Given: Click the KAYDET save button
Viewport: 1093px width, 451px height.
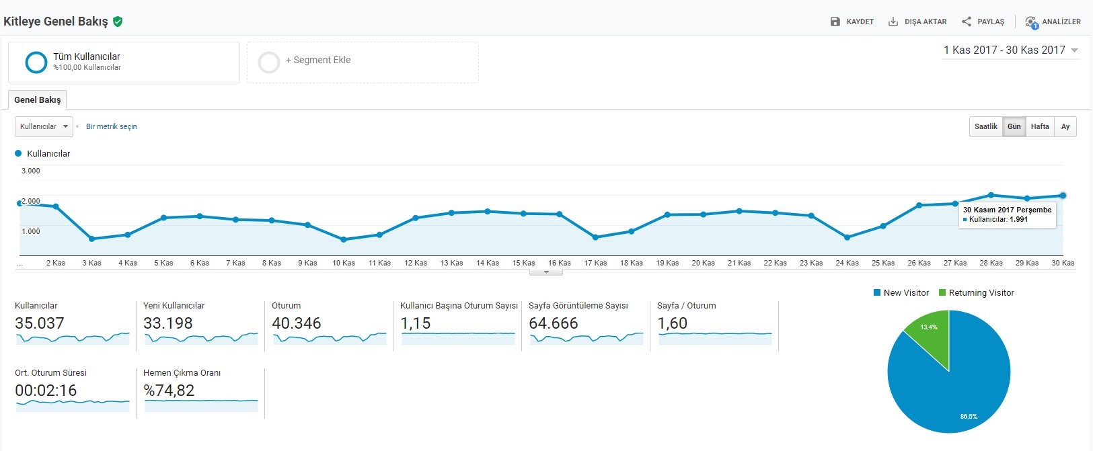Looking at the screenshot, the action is point(852,22).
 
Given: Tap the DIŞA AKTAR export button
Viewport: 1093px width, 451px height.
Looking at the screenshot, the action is point(917,22).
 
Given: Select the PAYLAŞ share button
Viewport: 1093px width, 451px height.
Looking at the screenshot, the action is point(983,22).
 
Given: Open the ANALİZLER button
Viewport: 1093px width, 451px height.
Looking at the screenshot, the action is point(1053,22).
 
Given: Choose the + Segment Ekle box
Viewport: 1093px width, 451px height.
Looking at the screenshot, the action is point(363,62).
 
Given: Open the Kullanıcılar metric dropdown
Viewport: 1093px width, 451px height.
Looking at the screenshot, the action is point(44,126).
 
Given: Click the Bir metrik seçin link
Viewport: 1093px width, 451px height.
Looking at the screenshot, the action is point(111,126).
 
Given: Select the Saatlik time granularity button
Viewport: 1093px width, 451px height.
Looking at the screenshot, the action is point(985,127).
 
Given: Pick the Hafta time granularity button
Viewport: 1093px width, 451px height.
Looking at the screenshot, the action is point(1040,127).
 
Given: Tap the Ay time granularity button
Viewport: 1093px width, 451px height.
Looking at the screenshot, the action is point(1065,127).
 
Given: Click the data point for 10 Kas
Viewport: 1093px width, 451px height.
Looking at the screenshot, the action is point(344,239).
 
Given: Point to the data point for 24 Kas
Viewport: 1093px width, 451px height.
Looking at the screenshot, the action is point(847,237).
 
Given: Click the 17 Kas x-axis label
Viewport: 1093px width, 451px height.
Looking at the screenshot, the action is point(595,263).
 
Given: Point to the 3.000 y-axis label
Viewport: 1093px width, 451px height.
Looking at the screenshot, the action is point(31,171).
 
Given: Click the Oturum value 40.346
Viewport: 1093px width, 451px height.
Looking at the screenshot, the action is point(296,323).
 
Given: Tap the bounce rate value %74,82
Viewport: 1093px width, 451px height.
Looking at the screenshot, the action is point(169,391).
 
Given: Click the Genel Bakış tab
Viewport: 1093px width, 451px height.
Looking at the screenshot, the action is point(38,100).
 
